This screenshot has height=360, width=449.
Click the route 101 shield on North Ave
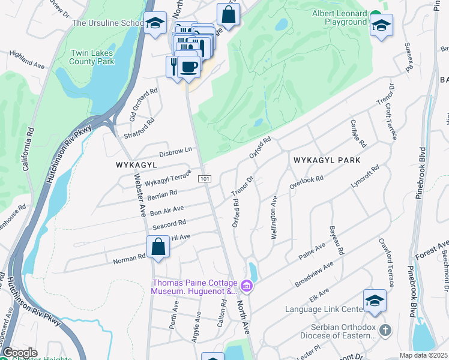(205, 179)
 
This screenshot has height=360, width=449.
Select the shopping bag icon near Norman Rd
(157, 247)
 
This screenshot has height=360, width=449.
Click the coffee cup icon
(189, 67)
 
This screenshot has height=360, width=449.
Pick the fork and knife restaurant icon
(173, 66)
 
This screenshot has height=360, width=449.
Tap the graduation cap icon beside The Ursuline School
(155, 23)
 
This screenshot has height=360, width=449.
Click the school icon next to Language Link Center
(375, 301)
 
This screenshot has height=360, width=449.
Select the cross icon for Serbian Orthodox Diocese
(385, 331)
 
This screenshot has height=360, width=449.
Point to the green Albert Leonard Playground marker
(376, 14)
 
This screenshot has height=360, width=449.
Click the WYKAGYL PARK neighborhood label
(327, 160)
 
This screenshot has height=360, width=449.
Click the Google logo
(20, 353)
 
